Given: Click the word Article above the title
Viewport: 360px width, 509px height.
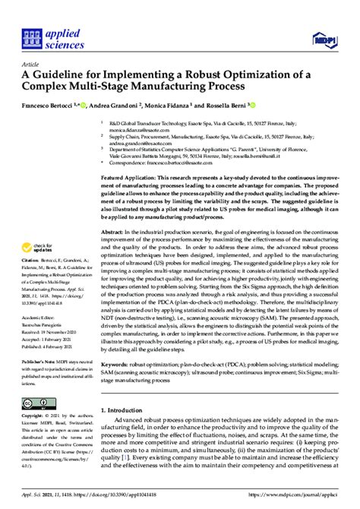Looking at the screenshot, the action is tap(33, 65).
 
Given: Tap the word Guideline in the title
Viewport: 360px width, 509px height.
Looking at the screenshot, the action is tap(65, 77).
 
